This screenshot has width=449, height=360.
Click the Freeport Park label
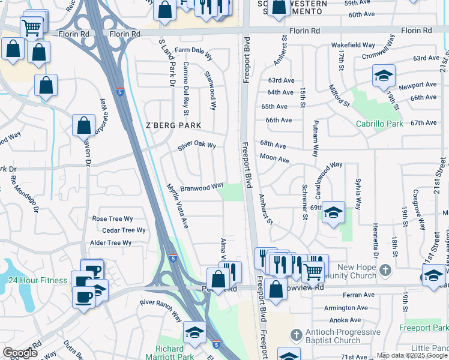(423, 328)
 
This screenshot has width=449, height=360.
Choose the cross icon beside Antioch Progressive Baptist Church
(295, 334)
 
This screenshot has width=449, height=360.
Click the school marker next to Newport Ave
(384, 77)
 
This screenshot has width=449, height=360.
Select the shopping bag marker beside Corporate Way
(84, 126)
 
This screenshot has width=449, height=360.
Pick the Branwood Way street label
(202, 186)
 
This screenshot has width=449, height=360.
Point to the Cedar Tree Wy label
(124, 230)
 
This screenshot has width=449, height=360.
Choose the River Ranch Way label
(160, 312)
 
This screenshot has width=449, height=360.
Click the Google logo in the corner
(20, 353)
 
